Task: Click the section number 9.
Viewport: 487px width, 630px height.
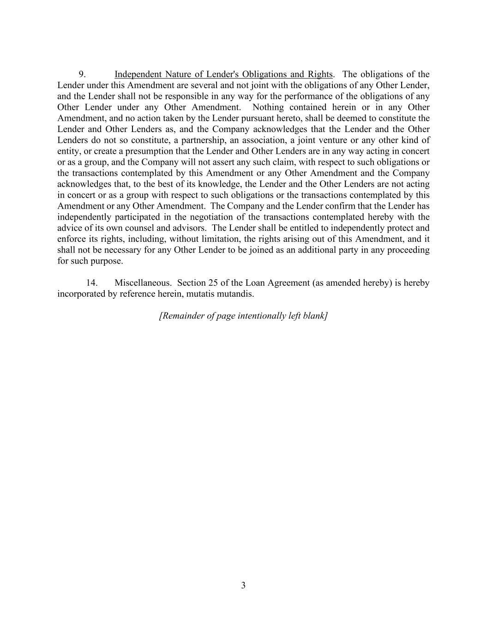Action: [82, 74]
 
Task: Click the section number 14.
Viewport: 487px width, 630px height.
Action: [91, 283]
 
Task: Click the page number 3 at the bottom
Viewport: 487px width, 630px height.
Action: [243, 586]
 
